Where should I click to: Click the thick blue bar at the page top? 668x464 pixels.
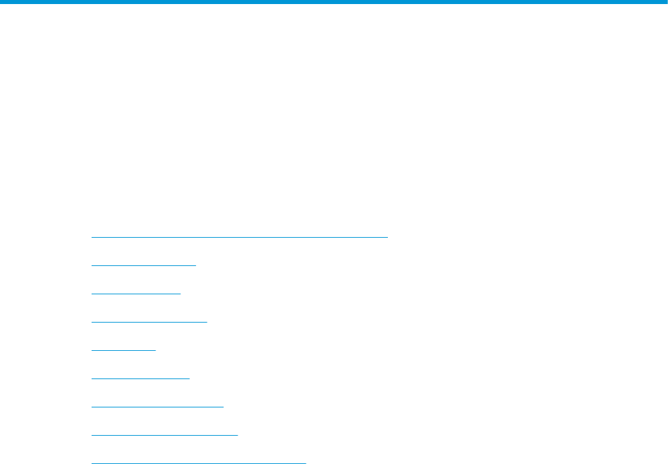click(334, 2)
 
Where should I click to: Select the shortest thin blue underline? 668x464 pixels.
click(123, 350)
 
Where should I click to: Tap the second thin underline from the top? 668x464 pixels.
click(143, 265)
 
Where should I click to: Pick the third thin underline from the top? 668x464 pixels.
click(136, 294)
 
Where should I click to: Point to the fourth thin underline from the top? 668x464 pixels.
click(149, 322)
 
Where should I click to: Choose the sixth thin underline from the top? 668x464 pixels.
click(141, 378)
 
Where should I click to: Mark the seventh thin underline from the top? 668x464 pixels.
click(157, 407)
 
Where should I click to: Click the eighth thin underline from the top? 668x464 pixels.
click(164, 435)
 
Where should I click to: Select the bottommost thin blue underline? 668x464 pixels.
click(199, 463)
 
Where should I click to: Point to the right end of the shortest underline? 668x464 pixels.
click(155, 350)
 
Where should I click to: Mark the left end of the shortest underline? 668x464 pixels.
click(92, 350)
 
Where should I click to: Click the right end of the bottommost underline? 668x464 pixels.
click(305, 463)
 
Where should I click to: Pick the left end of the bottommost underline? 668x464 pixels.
click(92, 463)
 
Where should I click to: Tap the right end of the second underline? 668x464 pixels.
click(195, 265)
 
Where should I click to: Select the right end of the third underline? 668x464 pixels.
click(180, 294)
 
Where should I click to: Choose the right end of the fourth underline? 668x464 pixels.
click(206, 322)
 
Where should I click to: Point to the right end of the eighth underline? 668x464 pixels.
click(237, 435)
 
